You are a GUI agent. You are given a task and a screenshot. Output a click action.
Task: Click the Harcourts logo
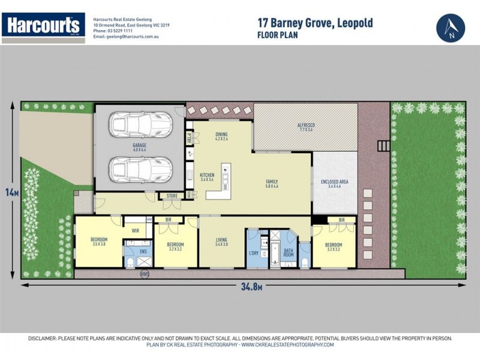43,26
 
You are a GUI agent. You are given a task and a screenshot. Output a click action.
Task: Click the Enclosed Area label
335,184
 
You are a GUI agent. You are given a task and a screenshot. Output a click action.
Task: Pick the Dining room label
222,137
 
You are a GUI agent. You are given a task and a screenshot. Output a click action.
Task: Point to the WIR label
136,230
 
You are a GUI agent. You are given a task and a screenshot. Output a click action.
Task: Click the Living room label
222,242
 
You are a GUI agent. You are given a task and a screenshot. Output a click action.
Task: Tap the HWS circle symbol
144,274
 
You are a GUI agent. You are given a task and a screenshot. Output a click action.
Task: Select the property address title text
315,23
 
